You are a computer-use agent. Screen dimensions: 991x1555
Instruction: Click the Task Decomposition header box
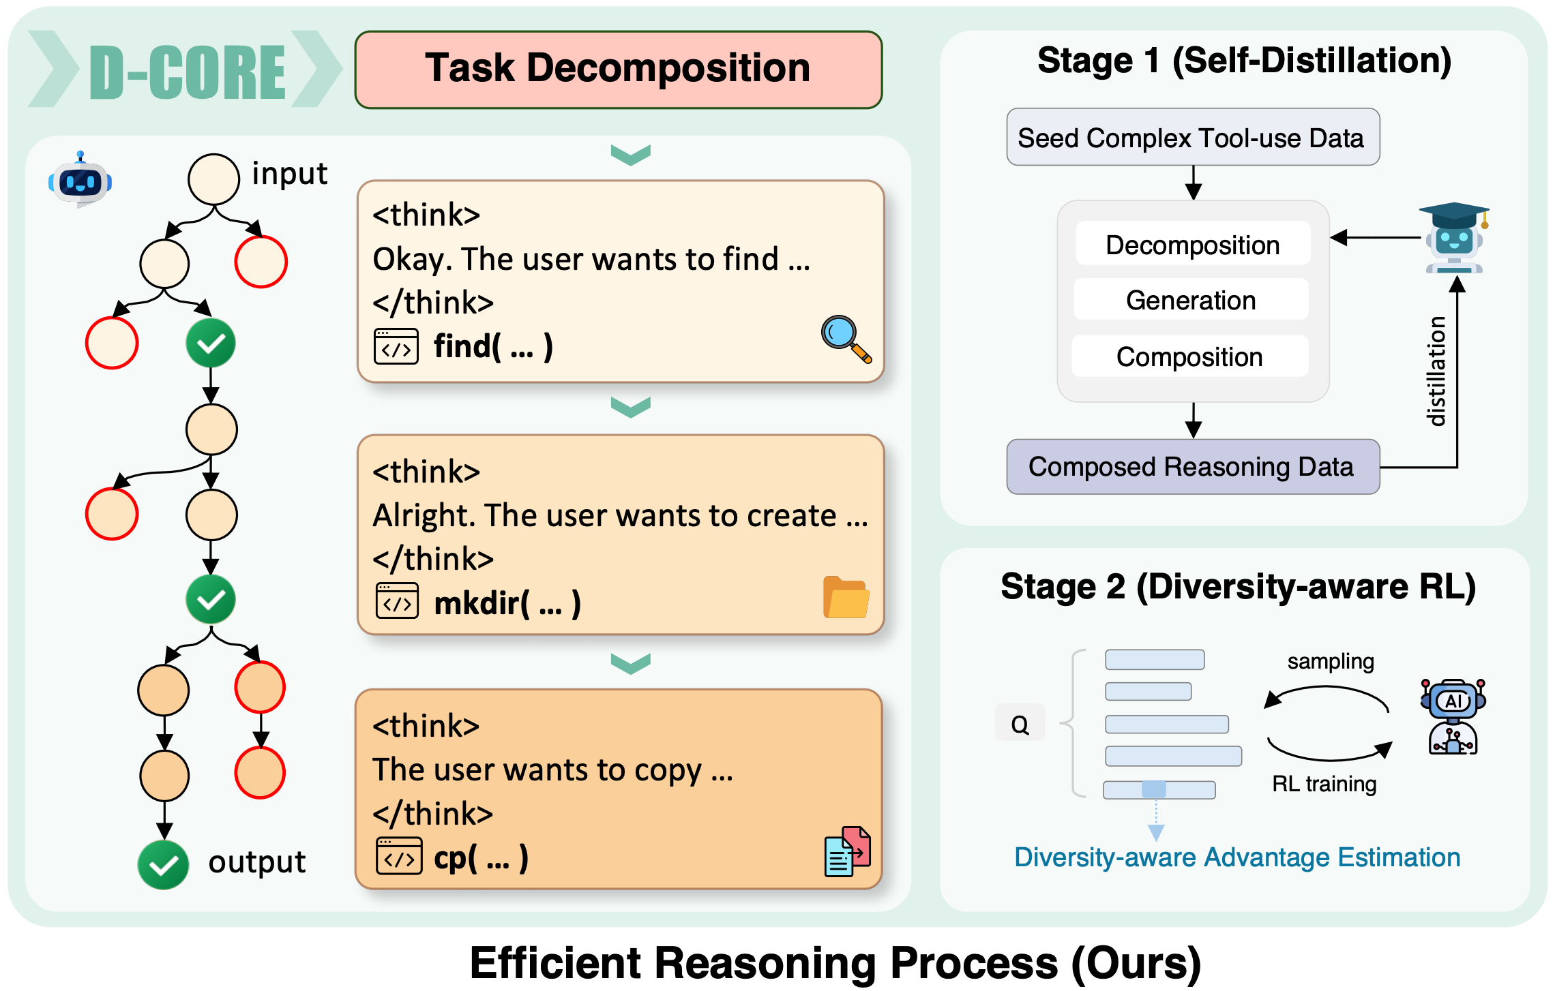tap(618, 70)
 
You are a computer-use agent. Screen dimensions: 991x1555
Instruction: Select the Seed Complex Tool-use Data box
tap(1192, 138)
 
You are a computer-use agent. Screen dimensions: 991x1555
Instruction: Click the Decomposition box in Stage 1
tap(1192, 245)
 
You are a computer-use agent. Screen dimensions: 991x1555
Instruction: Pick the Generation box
tap(1191, 300)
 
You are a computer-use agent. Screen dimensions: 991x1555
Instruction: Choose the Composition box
tap(1189, 356)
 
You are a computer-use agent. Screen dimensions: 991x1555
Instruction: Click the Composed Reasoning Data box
tap(1192, 467)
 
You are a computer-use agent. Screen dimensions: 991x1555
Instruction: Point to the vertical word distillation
tap(1436, 371)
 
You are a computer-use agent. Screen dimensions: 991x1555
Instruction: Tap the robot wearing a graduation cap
tap(1454, 239)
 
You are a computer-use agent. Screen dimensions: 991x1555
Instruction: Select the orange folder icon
tap(846, 598)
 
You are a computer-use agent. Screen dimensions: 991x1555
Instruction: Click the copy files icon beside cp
tap(847, 852)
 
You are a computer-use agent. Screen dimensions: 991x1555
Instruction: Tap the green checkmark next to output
tap(163, 865)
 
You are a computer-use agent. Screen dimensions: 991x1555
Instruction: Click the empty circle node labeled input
tap(213, 179)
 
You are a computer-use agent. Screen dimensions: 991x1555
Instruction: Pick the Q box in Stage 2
tap(1020, 724)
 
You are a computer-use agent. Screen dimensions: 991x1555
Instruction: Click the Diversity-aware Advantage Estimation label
tap(1236, 857)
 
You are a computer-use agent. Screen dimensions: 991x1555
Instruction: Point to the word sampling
tap(1330, 661)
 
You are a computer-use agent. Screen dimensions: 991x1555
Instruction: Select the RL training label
tap(1324, 784)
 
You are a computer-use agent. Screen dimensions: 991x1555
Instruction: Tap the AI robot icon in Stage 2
tap(1453, 716)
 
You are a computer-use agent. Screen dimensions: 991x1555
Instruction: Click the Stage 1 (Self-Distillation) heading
tap(1244, 61)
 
